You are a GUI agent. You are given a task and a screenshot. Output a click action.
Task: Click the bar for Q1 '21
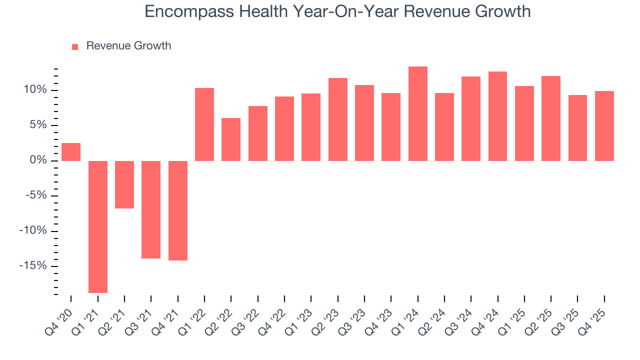point(98,226)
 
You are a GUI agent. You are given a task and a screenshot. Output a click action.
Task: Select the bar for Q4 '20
point(71,152)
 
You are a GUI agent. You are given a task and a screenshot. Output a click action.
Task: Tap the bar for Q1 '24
point(418,113)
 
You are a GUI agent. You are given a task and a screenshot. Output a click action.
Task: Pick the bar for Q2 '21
point(124,184)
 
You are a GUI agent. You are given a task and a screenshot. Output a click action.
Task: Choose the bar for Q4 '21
point(178,210)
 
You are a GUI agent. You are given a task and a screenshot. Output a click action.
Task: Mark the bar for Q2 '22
point(231,139)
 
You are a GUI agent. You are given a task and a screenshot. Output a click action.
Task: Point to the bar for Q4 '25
point(604,126)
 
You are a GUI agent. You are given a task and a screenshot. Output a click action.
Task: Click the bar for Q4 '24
point(498,116)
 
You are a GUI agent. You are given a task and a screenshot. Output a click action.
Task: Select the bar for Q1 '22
point(204,124)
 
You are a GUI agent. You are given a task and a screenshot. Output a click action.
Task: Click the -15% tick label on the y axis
point(33,265)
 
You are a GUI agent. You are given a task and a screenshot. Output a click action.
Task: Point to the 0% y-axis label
point(38,160)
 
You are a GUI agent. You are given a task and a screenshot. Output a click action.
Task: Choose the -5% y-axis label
point(35,195)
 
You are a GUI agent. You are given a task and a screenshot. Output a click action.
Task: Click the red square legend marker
point(75,46)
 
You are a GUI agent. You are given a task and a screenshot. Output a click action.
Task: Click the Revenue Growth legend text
point(128,46)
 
